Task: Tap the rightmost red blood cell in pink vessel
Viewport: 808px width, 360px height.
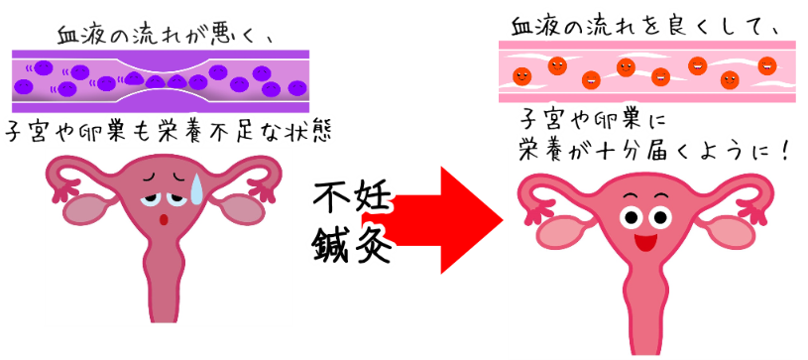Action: pyautogui.click(x=766, y=65)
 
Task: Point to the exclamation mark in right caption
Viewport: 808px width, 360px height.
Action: pyautogui.click(x=785, y=152)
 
